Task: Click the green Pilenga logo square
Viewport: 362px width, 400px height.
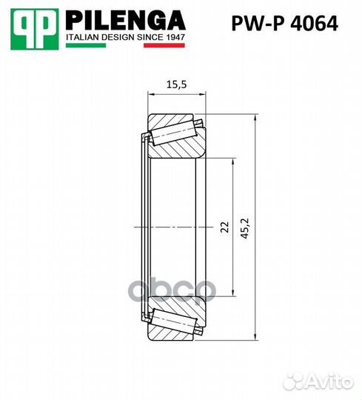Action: click(x=35, y=30)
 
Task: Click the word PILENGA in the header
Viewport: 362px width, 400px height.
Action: click(x=125, y=21)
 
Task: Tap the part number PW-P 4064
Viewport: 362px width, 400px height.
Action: click(x=285, y=24)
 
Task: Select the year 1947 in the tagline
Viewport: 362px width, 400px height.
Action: click(x=175, y=37)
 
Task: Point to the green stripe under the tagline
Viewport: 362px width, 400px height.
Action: click(x=86, y=45)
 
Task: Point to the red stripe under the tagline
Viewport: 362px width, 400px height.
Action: click(x=164, y=45)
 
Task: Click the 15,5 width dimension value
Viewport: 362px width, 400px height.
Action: click(x=176, y=84)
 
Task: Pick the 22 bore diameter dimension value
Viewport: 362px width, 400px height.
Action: click(x=225, y=227)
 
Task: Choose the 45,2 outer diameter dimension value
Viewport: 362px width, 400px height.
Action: click(x=245, y=229)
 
